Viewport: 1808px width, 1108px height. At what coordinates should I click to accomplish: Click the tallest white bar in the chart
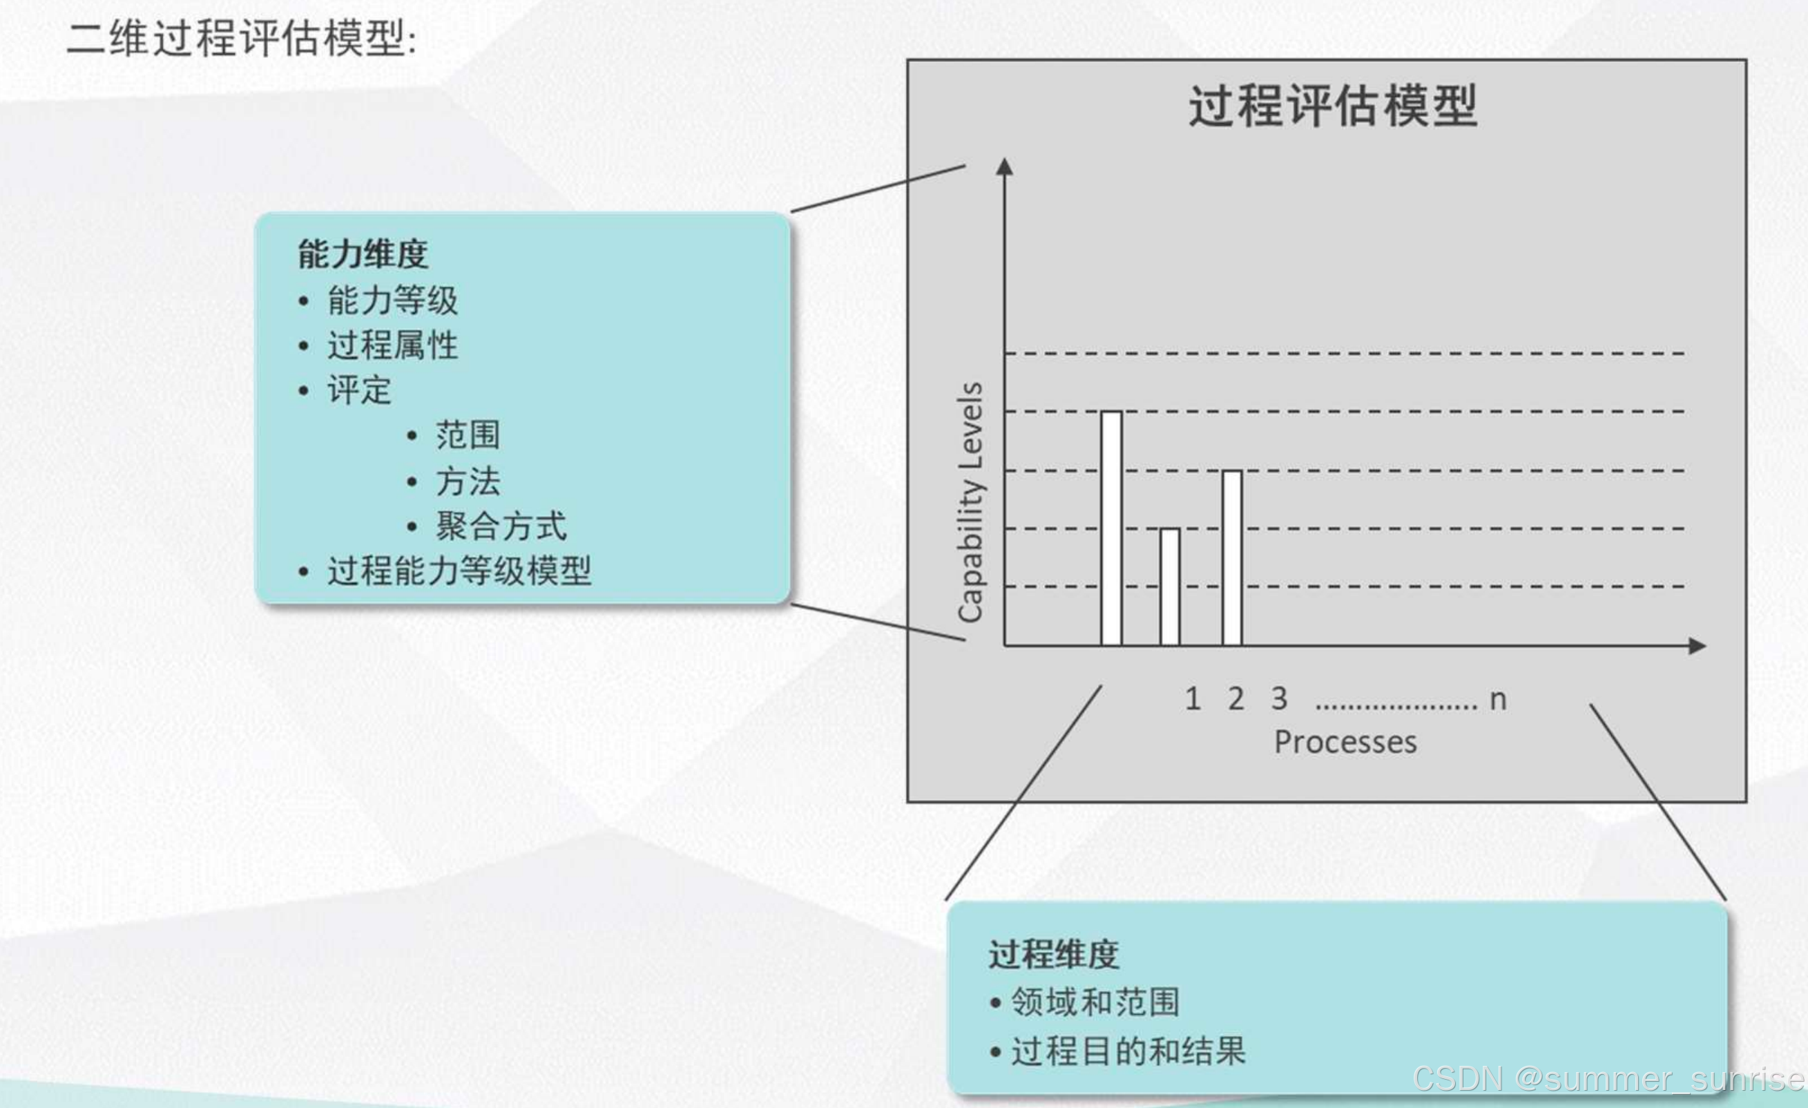[1111, 528]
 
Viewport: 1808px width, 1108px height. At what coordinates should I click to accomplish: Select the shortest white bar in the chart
[1170, 587]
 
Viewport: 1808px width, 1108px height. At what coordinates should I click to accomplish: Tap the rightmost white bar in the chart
[1232, 557]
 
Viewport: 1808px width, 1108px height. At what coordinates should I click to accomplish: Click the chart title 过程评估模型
[1333, 106]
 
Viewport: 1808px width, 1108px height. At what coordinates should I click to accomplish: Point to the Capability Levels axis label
[971, 503]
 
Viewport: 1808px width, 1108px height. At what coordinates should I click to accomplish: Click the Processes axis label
[1345, 743]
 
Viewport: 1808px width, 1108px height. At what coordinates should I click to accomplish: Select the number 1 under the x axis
[1193, 698]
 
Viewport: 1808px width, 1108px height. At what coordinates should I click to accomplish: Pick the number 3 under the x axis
[1279, 698]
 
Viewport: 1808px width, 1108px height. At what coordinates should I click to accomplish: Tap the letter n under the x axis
[1498, 700]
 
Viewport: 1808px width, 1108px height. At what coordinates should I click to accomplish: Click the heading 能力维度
[363, 255]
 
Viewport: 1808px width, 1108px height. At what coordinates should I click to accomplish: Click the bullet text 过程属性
[392, 345]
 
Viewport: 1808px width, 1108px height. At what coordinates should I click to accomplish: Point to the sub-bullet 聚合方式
[501, 526]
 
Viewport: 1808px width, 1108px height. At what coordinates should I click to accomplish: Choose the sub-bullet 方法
[468, 481]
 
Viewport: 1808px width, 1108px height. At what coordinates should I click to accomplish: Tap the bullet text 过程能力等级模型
[459, 571]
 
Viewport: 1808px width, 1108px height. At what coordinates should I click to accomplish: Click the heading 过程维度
[1053, 955]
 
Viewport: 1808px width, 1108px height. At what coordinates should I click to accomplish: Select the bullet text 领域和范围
[1095, 1002]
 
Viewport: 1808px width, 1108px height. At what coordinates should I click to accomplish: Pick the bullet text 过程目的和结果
[1128, 1051]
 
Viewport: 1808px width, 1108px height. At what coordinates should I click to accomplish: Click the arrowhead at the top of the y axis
[1005, 166]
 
